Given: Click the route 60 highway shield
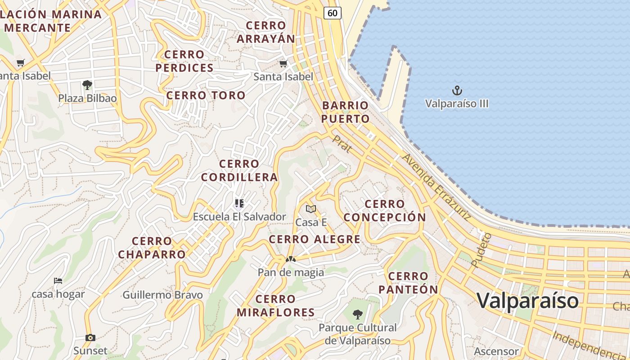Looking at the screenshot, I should pos(332,13).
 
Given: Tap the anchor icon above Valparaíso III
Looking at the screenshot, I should pos(457,90).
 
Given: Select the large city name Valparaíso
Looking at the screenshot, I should pos(527,300).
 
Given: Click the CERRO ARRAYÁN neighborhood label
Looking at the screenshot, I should pos(266,32).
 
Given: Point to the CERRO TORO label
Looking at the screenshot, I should pos(206,95).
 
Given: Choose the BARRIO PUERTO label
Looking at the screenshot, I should pos(346,112).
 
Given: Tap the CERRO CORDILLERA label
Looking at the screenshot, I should pos(239,171).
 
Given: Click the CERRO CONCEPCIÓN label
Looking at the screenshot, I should pos(385,211).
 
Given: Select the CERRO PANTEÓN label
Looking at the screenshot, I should pos(408,283).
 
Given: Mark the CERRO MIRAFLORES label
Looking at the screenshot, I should pos(275,306).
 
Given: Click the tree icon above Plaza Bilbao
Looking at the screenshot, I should pos(87,85).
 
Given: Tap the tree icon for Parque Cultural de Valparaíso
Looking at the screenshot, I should pos(358,314).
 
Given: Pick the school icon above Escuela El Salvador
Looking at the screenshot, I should pos(239,203).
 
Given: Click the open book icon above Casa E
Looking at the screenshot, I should pos(311,209).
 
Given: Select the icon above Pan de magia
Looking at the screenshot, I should pos(291,259).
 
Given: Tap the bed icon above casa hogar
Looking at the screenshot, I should pos(58,281).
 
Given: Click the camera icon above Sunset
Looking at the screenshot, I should pos(90,337).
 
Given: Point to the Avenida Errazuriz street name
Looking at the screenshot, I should pos(436,186).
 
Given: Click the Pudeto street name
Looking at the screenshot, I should pos(481,250).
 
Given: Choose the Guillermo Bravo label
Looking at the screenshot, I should pos(162,295).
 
